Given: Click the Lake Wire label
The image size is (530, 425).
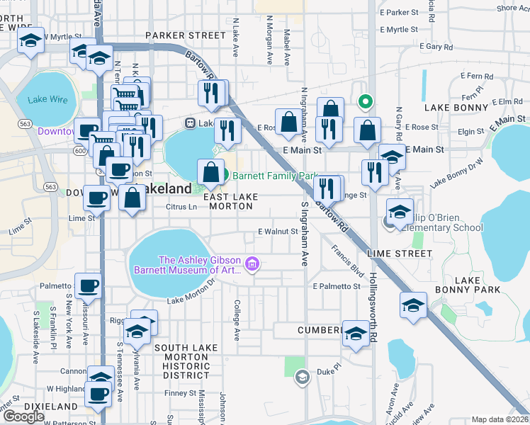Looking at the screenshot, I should tap(48, 100).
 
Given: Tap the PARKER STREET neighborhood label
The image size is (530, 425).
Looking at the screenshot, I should tap(185, 35).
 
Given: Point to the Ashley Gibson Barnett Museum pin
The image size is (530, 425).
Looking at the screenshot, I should tap(253, 266).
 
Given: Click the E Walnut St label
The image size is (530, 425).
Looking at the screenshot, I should tap(278, 232).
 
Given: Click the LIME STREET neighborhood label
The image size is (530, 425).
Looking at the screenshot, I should tap(400, 254).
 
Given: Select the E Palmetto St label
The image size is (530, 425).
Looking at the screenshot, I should tap(337, 286).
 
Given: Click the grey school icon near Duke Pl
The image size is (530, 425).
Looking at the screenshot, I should tap(302, 376).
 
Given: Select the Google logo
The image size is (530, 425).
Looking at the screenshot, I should tap(23, 416).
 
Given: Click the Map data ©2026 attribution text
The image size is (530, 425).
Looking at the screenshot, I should tap(500, 419).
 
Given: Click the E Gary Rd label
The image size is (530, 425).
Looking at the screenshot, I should tap(436, 46).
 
